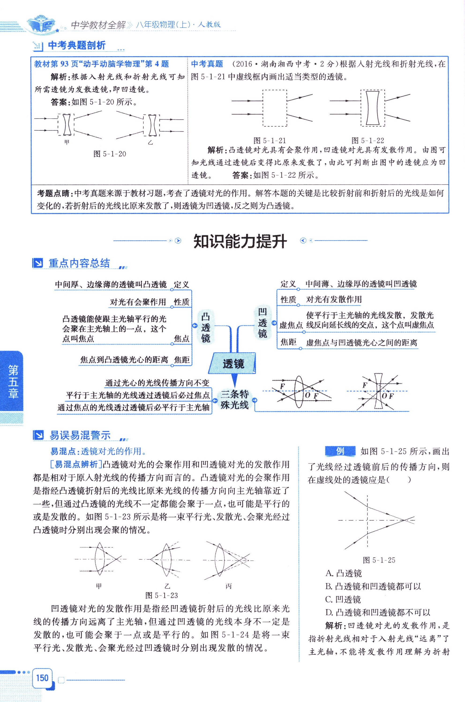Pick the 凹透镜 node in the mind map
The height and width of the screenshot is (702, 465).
(262, 323)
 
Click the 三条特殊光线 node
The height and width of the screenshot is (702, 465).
(235, 400)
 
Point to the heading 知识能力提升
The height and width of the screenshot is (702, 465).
(240, 241)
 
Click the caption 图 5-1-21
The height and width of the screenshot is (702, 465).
(269, 141)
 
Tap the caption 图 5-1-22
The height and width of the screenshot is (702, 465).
(367, 141)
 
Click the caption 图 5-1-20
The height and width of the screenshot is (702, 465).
(110, 154)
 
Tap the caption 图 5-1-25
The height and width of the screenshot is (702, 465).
(379, 560)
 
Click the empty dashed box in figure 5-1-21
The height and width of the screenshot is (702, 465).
(275, 108)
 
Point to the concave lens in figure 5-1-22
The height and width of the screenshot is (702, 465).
(372, 108)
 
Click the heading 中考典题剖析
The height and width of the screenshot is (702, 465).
(76, 45)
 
